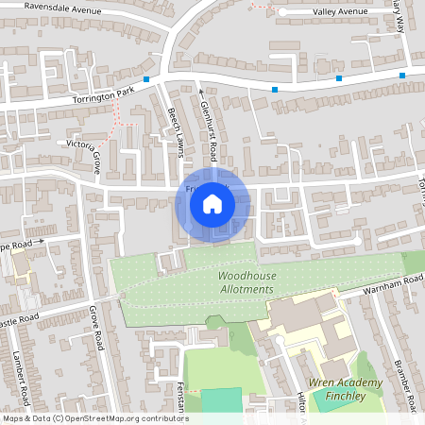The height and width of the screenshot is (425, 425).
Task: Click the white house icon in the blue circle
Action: coord(212,204)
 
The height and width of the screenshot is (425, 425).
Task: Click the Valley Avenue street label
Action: coord(327,11)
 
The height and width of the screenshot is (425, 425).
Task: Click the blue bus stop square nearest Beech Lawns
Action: coord(146,79)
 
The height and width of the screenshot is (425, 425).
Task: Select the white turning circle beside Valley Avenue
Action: coord(281,11)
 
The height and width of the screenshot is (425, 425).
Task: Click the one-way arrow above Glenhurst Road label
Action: coord(200,93)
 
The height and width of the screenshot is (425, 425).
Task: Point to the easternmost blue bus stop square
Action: coord(402,75)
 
